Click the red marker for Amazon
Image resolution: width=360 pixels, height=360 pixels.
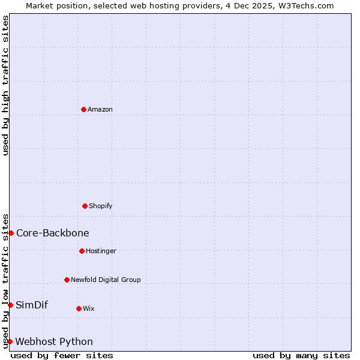[84, 109]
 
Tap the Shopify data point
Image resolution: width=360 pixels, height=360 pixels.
[85, 206]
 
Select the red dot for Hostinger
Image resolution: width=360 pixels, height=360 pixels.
[82, 251]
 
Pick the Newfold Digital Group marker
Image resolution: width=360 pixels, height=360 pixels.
[67, 280]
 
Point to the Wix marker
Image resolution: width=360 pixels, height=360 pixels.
[79, 308]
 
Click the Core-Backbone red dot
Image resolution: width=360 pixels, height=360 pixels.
[11, 233]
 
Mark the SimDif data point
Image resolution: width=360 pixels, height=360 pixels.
[10, 305]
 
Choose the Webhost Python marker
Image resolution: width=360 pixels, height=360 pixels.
[10, 341]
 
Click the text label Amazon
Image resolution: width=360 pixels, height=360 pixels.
[100, 109]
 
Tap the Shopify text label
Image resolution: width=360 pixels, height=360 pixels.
[101, 206]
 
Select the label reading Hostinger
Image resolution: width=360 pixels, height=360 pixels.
[101, 251]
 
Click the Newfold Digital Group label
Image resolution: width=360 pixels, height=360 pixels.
[106, 280]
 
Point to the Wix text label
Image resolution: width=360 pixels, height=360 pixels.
[89, 308]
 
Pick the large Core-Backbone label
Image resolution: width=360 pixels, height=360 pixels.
[53, 233]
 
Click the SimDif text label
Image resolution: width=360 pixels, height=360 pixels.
[32, 305]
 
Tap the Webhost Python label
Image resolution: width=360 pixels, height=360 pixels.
[54, 341]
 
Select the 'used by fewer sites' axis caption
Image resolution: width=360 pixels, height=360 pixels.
[62, 355]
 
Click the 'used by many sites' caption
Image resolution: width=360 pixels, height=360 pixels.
[301, 355]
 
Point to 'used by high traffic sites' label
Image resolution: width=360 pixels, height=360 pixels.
[5, 85]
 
